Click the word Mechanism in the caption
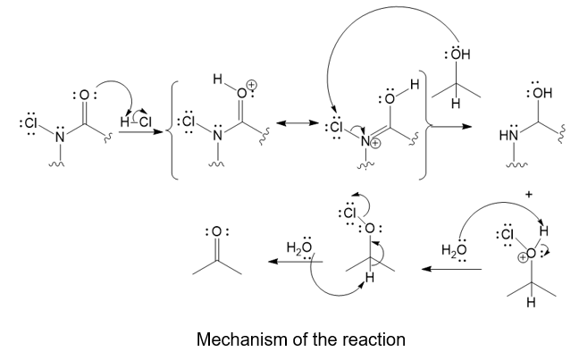click(x=233, y=340)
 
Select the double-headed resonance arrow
click(x=297, y=124)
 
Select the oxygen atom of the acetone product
click(x=217, y=232)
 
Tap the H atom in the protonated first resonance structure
click(x=217, y=80)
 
